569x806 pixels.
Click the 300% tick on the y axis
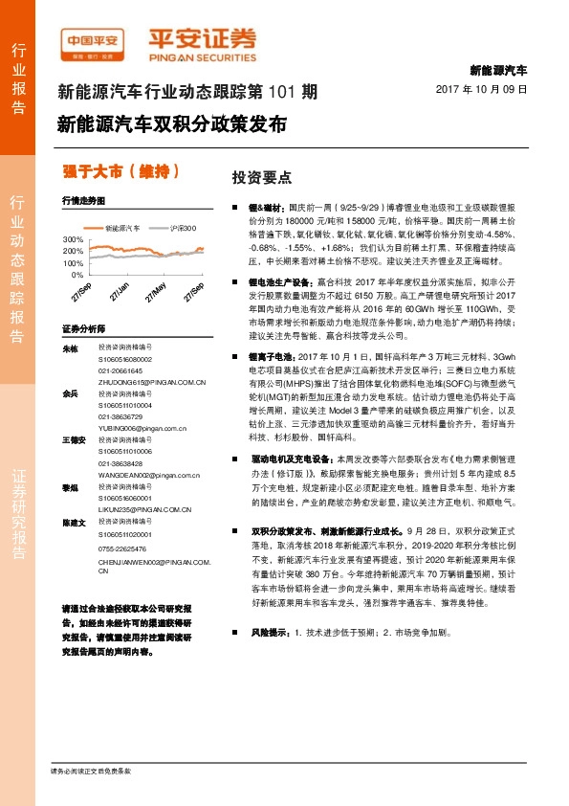coord(72,238)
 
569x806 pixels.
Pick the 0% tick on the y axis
coord(76,274)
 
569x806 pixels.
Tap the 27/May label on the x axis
coord(157,291)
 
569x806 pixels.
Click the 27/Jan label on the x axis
coord(120,291)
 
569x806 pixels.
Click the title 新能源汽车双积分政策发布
coord(171,124)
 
